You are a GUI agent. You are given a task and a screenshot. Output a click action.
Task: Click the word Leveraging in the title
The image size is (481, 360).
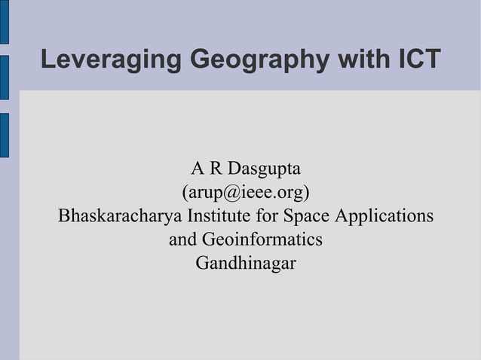109,59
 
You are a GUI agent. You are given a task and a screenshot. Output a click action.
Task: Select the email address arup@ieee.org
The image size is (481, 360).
246,192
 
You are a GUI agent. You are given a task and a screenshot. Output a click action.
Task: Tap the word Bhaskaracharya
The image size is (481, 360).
120,216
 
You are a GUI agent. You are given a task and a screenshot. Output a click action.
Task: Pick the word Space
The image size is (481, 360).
307,216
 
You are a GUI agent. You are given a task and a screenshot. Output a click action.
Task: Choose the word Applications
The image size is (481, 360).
384,216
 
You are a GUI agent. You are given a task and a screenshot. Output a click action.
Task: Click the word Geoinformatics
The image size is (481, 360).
261,240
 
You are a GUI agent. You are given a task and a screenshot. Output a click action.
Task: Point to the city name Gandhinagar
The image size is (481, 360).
246,264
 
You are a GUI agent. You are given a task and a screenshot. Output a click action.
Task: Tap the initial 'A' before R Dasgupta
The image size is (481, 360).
198,167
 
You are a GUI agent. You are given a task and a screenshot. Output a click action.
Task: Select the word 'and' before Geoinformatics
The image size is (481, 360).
182,240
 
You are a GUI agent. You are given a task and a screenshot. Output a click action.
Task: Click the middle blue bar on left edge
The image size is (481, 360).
4,78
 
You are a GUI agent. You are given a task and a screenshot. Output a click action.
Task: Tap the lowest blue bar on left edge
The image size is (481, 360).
4,135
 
